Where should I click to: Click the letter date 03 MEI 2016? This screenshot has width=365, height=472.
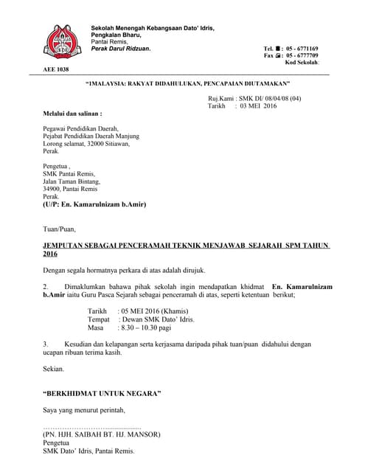pos(260,106)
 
